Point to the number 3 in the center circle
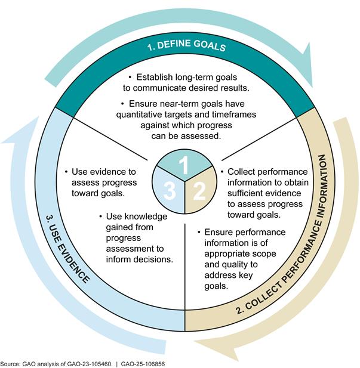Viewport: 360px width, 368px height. [x=170, y=191]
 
